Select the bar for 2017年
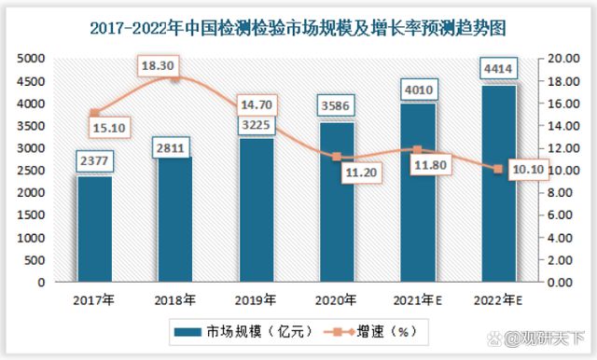coord(94,228)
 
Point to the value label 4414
coord(497,70)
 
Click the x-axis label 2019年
coord(256,299)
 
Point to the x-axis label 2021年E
coord(418,299)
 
